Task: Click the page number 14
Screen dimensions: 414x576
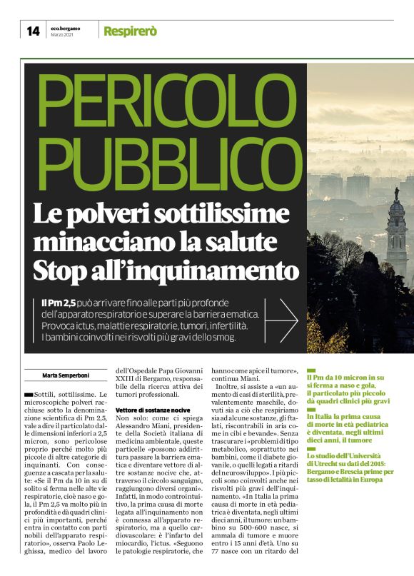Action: point(33,31)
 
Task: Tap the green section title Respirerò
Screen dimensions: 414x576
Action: point(130,31)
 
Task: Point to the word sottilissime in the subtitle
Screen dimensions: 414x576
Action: point(212,213)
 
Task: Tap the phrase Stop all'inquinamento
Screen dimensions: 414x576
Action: point(166,271)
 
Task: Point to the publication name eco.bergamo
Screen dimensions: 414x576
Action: point(66,28)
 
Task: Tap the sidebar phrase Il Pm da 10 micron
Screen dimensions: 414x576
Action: point(344,375)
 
